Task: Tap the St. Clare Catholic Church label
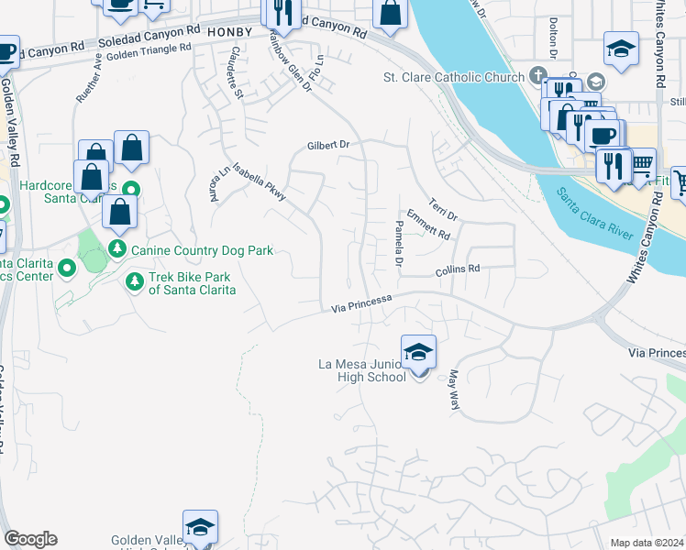tap(453, 78)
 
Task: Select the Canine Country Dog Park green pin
tap(117, 249)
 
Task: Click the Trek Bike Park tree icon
tap(135, 280)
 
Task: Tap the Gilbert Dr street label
tap(329, 145)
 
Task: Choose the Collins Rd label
tap(458, 269)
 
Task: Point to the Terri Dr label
tap(444, 207)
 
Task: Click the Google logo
tap(30, 539)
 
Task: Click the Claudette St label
tap(237, 72)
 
